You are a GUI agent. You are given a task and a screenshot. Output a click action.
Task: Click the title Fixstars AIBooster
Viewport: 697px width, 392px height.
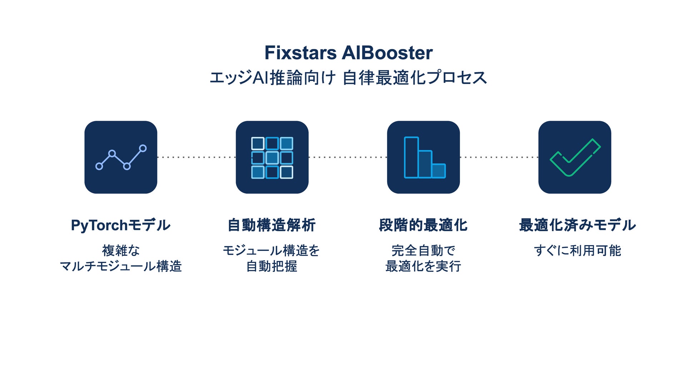pos(348,53)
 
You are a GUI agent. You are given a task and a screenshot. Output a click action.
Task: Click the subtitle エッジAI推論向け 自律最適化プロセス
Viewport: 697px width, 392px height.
pos(348,78)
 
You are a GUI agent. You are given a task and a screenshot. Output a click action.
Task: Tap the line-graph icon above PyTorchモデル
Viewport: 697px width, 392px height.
pos(121,157)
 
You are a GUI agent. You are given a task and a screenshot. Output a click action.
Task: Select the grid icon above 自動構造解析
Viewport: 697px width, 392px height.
pos(272,157)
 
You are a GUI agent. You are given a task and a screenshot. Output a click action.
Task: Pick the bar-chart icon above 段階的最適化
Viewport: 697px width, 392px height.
pos(424,157)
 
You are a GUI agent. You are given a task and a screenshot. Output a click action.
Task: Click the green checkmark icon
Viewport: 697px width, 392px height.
pos(575,157)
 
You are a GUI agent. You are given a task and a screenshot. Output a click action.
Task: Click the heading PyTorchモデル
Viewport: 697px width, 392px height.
pos(121,225)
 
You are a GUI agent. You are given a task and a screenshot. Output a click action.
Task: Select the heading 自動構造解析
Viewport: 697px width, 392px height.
pos(272,225)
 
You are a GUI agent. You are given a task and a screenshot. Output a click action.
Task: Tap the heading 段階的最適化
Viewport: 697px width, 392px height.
pos(423,225)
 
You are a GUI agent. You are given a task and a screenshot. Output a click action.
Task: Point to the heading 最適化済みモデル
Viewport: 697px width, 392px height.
pos(577,225)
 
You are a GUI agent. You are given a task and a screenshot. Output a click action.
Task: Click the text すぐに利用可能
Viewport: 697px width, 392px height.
pos(577,250)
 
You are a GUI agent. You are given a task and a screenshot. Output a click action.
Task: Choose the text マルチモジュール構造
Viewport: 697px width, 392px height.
pos(121,266)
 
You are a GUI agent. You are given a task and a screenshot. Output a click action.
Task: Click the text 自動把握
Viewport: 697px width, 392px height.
pos(272,266)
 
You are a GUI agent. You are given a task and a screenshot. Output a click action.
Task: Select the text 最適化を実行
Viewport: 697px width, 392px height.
pos(423,266)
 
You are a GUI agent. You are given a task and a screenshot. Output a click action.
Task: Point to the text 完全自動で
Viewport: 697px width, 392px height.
pos(423,250)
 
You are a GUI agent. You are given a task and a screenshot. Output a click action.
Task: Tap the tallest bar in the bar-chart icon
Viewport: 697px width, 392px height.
pos(411,157)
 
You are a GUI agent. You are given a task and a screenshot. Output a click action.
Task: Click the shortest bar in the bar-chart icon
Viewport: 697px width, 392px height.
pos(439,171)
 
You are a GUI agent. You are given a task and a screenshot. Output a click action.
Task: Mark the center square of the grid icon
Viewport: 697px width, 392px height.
pos(272,158)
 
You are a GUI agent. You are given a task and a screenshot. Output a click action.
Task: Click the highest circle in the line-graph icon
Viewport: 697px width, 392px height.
pos(143,148)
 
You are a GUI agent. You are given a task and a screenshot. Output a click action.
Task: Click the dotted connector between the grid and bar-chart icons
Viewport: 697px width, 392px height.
pos(348,157)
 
